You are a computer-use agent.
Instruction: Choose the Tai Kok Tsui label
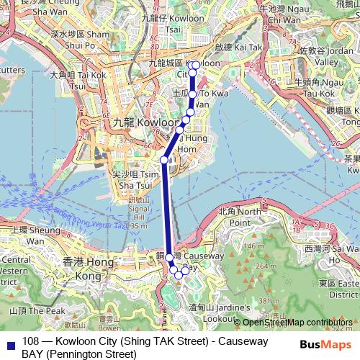(x=78, y=79)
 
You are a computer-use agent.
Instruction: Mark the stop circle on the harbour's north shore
(x=164, y=159)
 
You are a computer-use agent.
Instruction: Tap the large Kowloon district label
(x=129, y=122)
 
